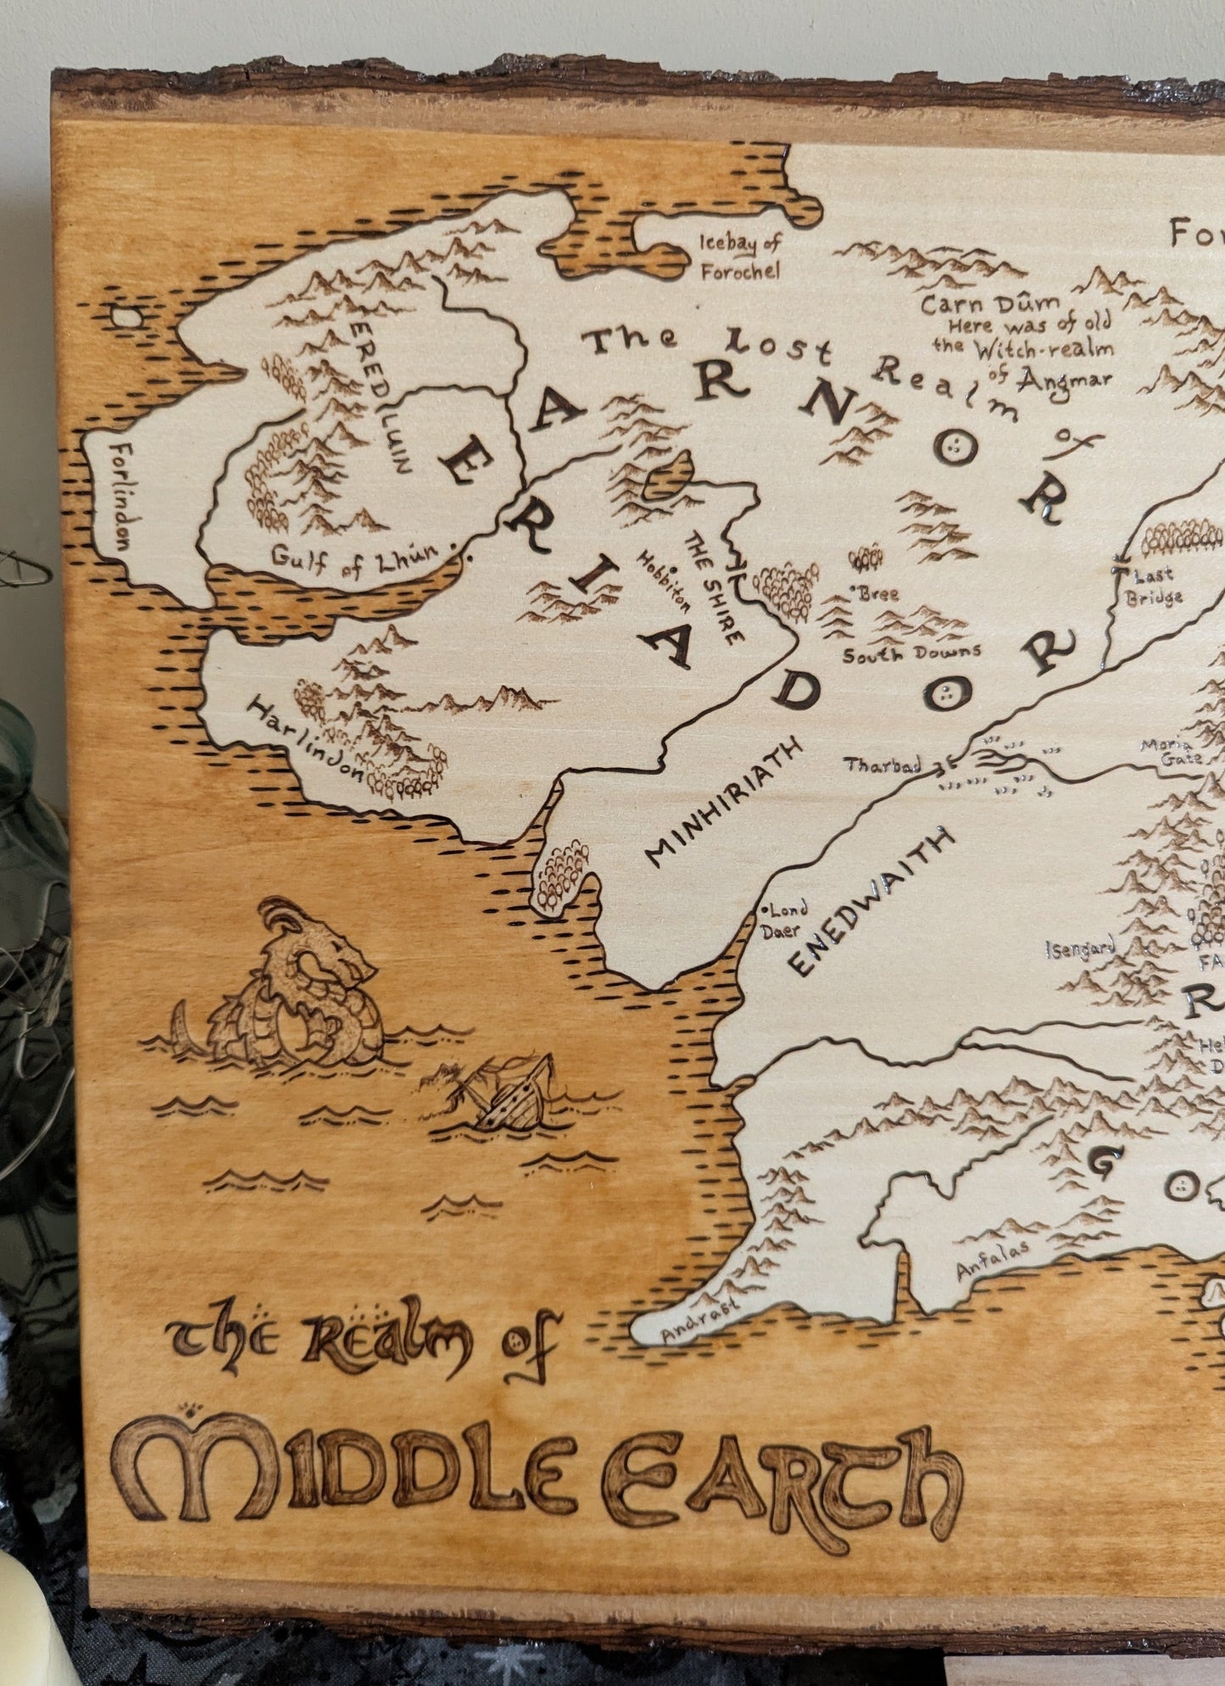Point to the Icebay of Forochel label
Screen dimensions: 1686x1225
coord(738,257)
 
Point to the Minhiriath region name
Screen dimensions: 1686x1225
coord(723,800)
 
